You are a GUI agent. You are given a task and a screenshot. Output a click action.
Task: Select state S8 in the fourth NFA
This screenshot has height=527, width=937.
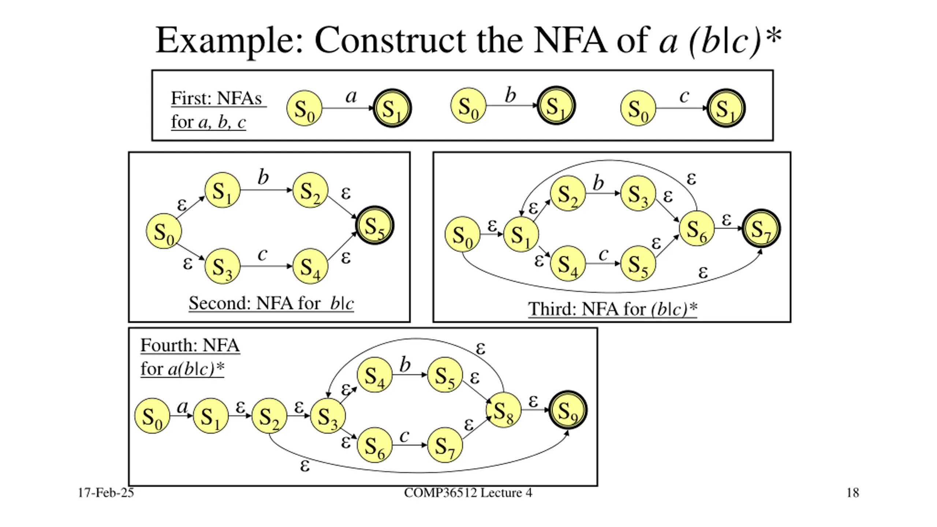[504, 410]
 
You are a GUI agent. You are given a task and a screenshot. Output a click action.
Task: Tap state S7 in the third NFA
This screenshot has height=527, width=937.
[761, 228]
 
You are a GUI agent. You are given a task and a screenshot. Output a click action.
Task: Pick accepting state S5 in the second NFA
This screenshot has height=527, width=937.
[375, 225]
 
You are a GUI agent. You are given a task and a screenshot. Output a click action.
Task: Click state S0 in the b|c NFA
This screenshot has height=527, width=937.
[164, 231]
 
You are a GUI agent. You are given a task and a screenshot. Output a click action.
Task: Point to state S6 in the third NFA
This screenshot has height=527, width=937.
[697, 228]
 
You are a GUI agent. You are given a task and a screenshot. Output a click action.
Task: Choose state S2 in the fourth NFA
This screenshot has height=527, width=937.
[269, 416]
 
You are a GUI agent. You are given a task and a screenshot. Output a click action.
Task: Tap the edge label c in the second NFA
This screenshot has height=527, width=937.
[262, 254]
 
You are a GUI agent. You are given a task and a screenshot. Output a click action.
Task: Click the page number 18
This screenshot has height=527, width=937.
[853, 493]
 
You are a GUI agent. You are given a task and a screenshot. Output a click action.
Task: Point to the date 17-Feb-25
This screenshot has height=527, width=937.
[106, 493]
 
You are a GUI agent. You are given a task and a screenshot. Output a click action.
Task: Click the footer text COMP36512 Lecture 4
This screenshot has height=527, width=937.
[468, 493]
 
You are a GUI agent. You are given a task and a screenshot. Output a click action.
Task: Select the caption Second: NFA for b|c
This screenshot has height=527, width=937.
[271, 303]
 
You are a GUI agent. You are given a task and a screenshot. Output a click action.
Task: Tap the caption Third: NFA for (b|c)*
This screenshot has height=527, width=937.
[612, 309]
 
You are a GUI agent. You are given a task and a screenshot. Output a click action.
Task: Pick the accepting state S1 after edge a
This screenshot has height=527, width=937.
[392, 108]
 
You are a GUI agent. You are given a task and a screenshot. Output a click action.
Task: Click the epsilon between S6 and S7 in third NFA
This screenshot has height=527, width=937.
[726, 220]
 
